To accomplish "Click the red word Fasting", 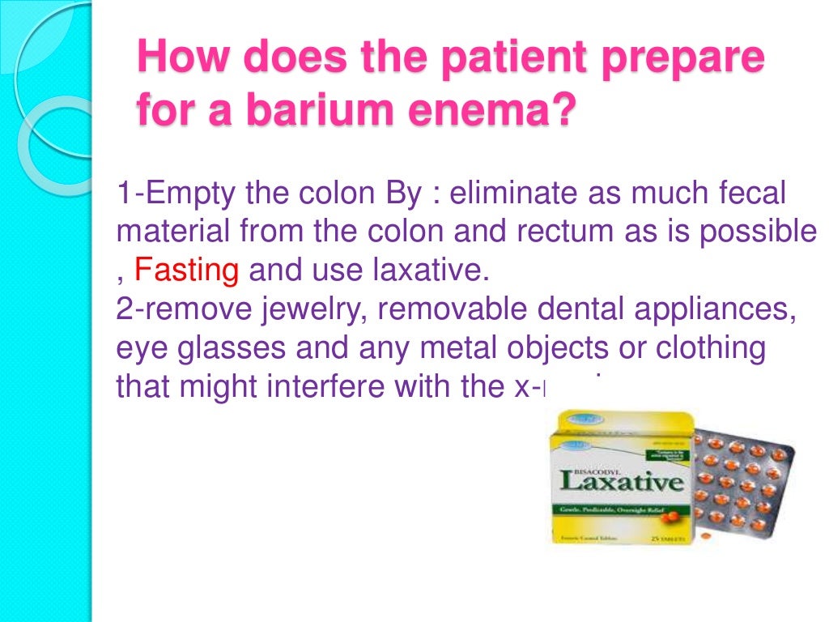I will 186,269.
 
